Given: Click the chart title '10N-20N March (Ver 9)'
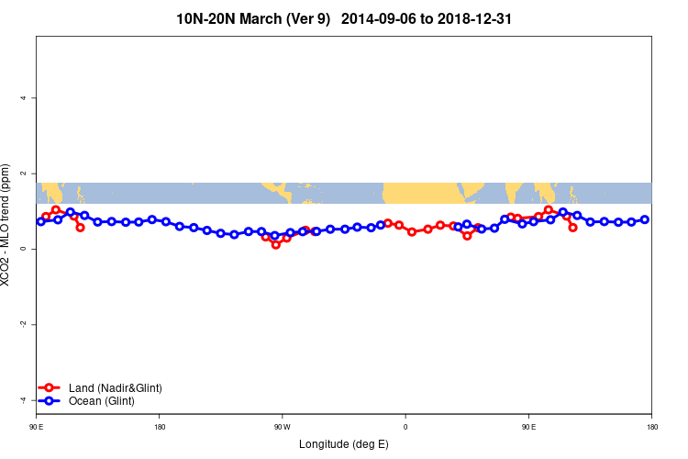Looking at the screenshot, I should pyautogui.click(x=253, y=17).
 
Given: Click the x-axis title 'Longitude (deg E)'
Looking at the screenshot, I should pyautogui.click(x=344, y=444).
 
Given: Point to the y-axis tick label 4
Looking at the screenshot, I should pyautogui.click(x=23, y=98).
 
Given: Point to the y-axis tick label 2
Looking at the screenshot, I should pyautogui.click(x=23, y=174).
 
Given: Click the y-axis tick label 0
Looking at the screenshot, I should pyautogui.click(x=23, y=249).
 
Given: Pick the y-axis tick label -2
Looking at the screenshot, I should pyautogui.click(x=22, y=324).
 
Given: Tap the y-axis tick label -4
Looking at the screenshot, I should pyautogui.click(x=22, y=399).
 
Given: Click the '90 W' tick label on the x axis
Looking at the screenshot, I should pyautogui.click(x=282, y=426).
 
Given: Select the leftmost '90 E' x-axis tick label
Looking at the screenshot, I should pyautogui.click(x=37, y=426).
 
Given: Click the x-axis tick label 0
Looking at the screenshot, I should pyautogui.click(x=405, y=426).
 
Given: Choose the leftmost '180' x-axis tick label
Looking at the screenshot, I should pyautogui.click(x=160, y=426).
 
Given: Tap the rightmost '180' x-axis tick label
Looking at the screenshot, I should pyautogui.click(x=651, y=426).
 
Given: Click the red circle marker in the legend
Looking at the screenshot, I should pyautogui.click(x=50, y=388).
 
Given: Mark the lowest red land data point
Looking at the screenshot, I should pyautogui.click(x=276, y=244).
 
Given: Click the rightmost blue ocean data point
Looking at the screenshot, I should pyautogui.click(x=645, y=219).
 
